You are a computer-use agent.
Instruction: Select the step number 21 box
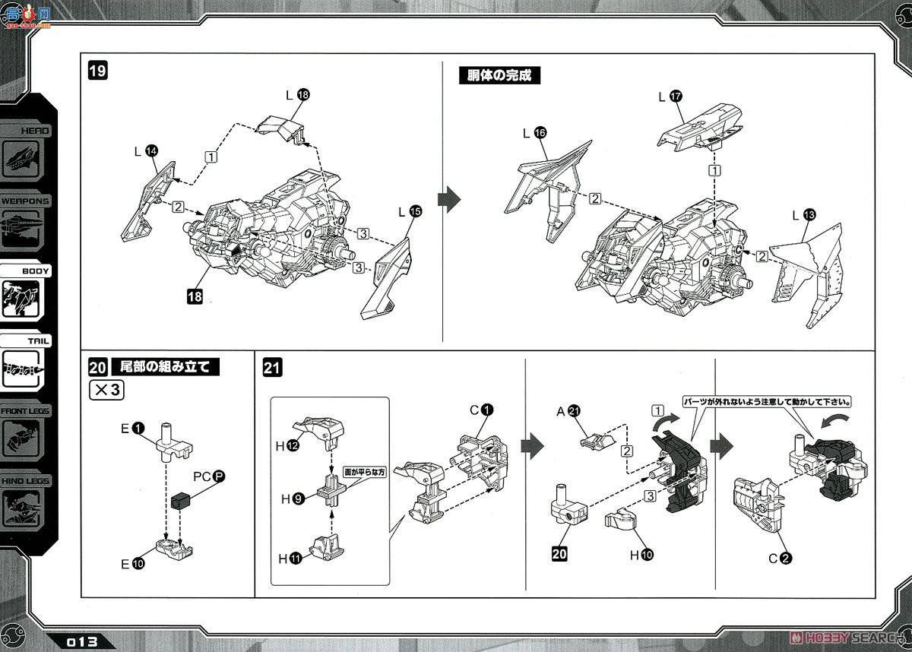[x=272, y=369]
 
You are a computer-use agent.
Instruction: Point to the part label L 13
[x=802, y=216]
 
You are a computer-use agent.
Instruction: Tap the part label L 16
[x=533, y=132]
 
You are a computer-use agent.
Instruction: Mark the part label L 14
[x=146, y=151]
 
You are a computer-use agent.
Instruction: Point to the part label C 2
[x=779, y=559]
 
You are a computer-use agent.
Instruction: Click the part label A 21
[x=568, y=411]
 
